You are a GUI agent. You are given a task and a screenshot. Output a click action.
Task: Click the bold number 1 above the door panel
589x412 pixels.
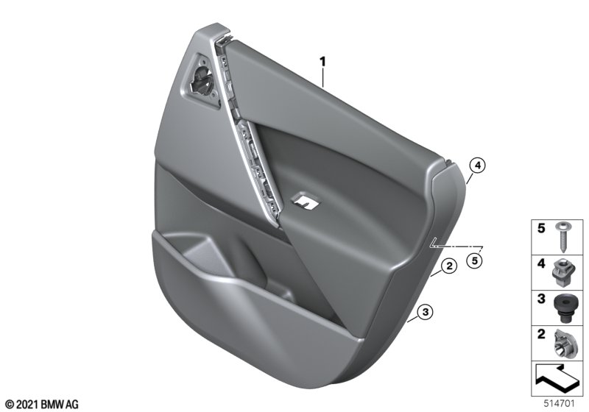pyautogui.click(x=322, y=62)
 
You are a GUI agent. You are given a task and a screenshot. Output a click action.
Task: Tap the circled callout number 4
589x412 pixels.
pyautogui.click(x=477, y=166)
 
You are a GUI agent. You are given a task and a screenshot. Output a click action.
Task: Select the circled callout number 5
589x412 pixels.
pyautogui.click(x=474, y=260)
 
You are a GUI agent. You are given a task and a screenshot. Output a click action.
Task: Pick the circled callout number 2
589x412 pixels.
pyautogui.click(x=449, y=266)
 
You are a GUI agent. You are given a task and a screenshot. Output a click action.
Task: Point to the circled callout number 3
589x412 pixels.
pyautogui.click(x=426, y=312)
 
